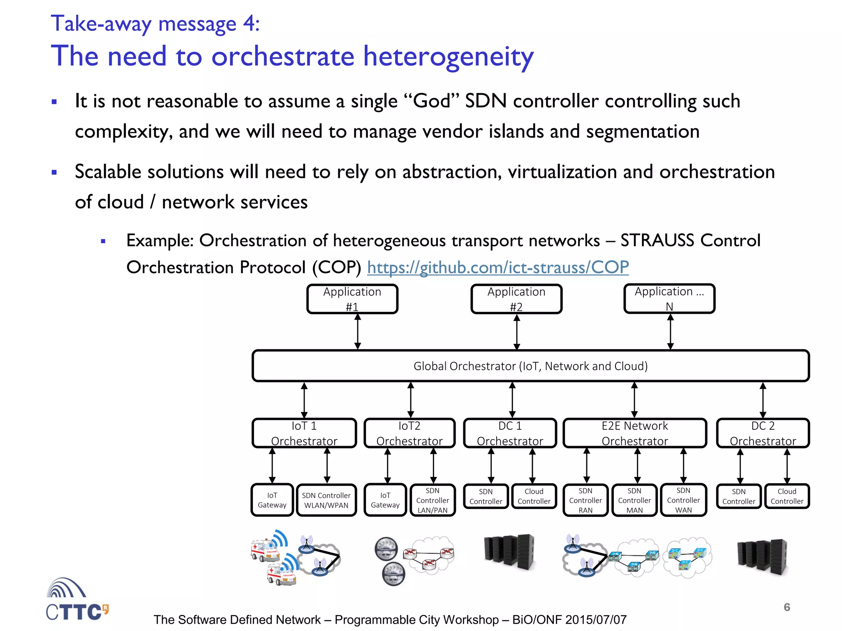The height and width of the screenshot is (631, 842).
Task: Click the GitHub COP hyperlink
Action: [497, 267]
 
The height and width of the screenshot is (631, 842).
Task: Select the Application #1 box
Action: [352, 299]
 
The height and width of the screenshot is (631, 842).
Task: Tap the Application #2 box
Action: [516, 299]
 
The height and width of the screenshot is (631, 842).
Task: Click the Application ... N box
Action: [669, 299]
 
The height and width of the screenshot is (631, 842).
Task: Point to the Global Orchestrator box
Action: [530, 366]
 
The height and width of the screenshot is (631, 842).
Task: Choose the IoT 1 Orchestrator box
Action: [304, 433]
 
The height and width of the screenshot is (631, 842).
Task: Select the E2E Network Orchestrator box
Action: [634, 433]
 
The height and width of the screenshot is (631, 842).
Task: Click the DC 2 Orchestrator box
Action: [763, 433]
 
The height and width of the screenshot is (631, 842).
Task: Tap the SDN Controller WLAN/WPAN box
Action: [326, 500]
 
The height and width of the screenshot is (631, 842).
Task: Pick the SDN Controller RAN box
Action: [585, 500]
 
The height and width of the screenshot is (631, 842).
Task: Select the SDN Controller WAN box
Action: [683, 500]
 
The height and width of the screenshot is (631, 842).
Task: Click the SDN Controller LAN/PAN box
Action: [433, 500]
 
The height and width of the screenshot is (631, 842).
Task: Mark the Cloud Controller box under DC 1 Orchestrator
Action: [534, 496]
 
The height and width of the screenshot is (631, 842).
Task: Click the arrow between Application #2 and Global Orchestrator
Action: [517, 332]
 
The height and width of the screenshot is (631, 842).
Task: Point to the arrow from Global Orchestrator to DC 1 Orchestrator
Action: [512, 400]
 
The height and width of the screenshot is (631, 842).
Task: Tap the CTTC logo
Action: [76, 600]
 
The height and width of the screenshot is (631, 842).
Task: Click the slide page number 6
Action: [786, 607]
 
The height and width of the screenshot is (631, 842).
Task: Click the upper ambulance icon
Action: [265, 550]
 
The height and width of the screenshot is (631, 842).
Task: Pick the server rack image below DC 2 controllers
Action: [762, 557]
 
